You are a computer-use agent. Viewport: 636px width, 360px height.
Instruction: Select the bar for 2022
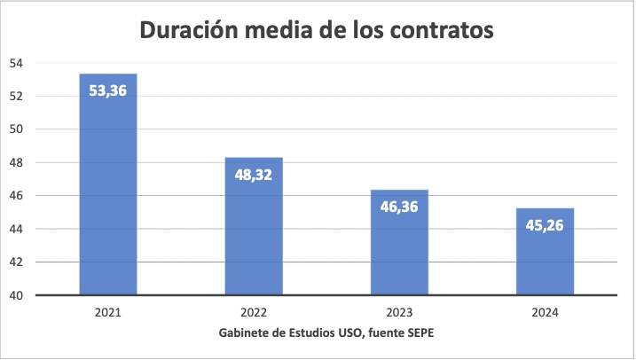[x=254, y=239]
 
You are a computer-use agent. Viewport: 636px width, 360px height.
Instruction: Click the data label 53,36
[x=108, y=90]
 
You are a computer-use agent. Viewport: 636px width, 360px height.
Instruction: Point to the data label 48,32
[x=254, y=174]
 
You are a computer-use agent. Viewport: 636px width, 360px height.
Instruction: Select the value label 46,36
[x=399, y=207]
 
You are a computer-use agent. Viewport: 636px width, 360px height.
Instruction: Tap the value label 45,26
[x=545, y=224]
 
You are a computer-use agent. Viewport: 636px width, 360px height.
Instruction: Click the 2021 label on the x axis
[x=108, y=312]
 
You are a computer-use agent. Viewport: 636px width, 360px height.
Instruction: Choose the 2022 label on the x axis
[x=254, y=312]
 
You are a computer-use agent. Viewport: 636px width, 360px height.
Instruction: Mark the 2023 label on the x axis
[x=399, y=312]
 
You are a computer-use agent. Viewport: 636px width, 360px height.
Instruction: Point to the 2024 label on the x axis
[x=545, y=312]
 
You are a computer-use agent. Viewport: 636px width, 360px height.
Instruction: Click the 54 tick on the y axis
[x=17, y=63]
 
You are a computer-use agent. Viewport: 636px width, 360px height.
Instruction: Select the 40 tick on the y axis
[x=17, y=295]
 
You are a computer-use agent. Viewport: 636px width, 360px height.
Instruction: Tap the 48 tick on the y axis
[x=17, y=162]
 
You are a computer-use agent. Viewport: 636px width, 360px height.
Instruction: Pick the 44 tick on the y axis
[x=17, y=229]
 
